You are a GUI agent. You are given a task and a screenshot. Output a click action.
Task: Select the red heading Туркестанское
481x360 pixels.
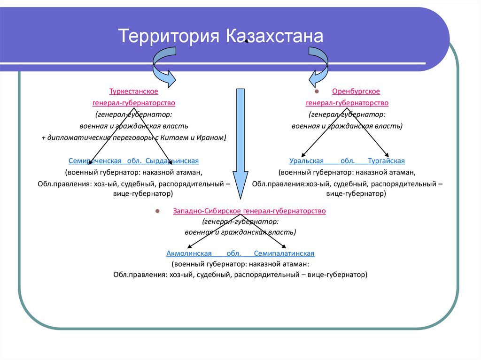[134, 92]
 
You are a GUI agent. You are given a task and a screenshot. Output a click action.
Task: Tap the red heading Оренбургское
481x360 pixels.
[356, 92]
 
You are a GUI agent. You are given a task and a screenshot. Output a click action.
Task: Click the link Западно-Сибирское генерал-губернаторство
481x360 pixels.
[249, 211]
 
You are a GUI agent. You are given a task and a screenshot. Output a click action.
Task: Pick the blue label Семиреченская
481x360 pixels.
[95, 161]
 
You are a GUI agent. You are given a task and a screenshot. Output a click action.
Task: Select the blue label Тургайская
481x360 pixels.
[386, 161]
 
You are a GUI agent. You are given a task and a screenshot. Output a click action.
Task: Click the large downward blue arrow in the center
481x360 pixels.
[240, 141]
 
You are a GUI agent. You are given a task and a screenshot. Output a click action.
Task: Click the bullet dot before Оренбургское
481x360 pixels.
[317, 92]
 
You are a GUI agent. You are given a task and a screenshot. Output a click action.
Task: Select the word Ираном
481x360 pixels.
[213, 138]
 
